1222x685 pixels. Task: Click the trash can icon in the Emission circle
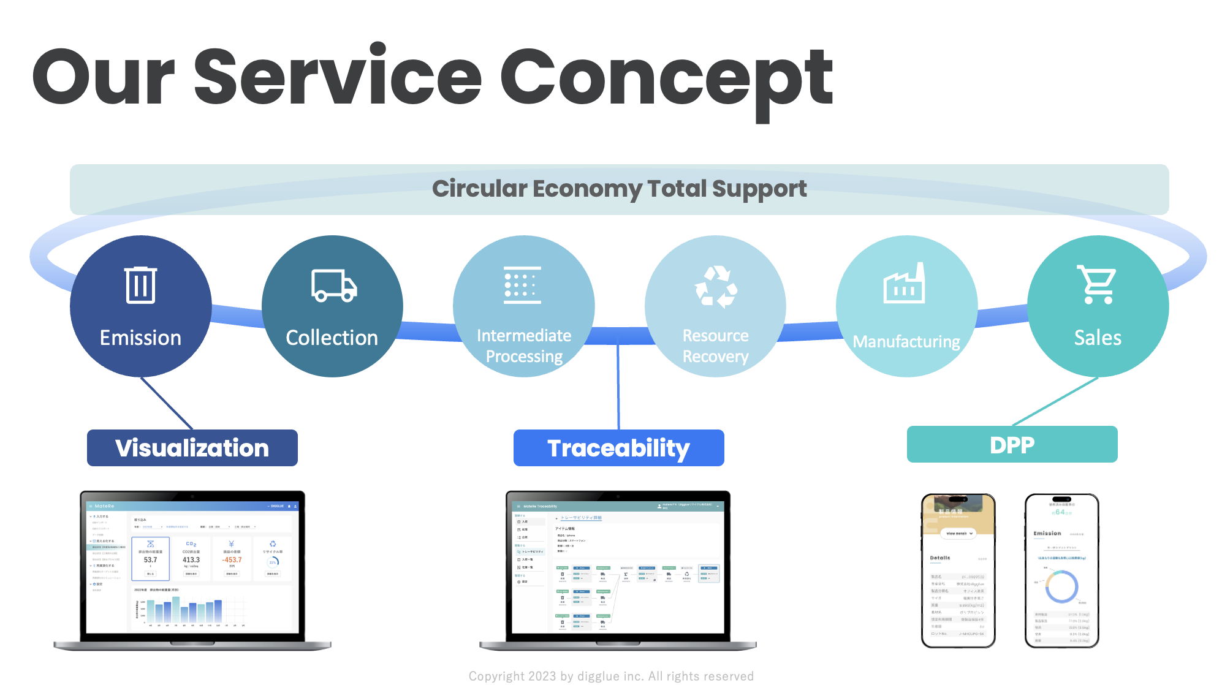pyautogui.click(x=140, y=285)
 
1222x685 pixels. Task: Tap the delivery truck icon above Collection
pyautogui.click(x=333, y=286)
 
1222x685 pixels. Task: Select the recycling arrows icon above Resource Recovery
pyautogui.click(x=715, y=286)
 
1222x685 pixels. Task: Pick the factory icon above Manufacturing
pyautogui.click(x=904, y=284)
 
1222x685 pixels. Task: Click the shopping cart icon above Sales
pyautogui.click(x=1097, y=284)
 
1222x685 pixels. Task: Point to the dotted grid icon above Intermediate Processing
pyautogui.click(x=522, y=286)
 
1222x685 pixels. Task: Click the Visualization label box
pyautogui.click(x=192, y=448)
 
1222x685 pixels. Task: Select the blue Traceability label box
pyautogui.click(x=618, y=448)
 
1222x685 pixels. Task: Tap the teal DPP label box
pyautogui.click(x=1012, y=444)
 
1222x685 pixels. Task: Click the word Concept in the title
pyautogui.click(x=666, y=80)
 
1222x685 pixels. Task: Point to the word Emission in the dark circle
pyautogui.click(x=140, y=338)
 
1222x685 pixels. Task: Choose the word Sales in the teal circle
pyautogui.click(x=1098, y=338)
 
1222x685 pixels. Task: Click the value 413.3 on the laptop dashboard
pyautogui.click(x=191, y=559)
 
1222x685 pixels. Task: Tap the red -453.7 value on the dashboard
pyautogui.click(x=232, y=559)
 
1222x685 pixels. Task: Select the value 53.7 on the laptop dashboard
pyautogui.click(x=150, y=559)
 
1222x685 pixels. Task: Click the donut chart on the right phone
pyautogui.click(x=1061, y=586)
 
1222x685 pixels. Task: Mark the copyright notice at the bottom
pyautogui.click(x=611, y=676)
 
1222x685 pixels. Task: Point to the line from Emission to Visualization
pyautogui.click(x=167, y=403)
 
